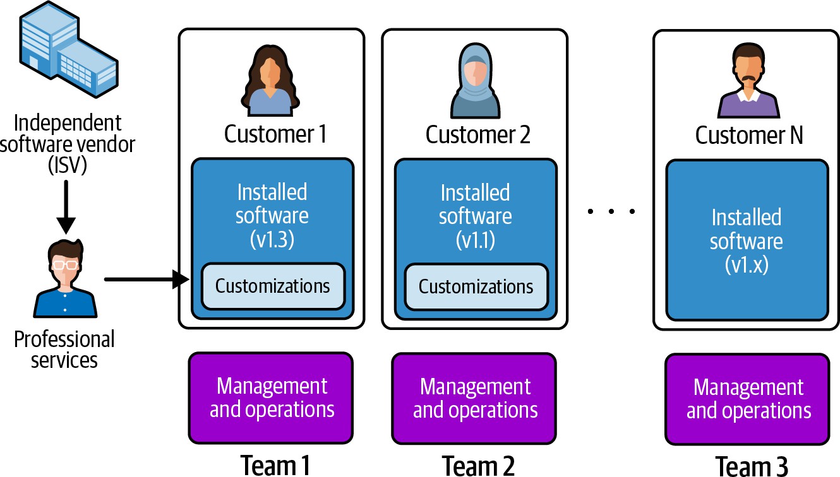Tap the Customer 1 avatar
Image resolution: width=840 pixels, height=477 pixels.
pyautogui.click(x=270, y=82)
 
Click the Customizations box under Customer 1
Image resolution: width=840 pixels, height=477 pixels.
pyautogui.click(x=273, y=286)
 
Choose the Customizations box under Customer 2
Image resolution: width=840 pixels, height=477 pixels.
pyautogui.click(x=476, y=286)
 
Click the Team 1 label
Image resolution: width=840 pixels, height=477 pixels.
pyautogui.click(x=275, y=466)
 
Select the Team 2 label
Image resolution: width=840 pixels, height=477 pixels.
pyautogui.click(x=478, y=466)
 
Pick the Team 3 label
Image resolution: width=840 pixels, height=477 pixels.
pyautogui.click(x=752, y=466)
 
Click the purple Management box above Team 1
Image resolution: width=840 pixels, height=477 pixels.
pyautogui.click(x=272, y=397)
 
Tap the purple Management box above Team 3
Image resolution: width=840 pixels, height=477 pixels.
pyautogui.click(x=748, y=399)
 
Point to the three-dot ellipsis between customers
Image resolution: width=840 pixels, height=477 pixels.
pyautogui.click(x=611, y=212)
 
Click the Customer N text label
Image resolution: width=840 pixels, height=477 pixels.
pyautogui.click(x=749, y=135)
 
